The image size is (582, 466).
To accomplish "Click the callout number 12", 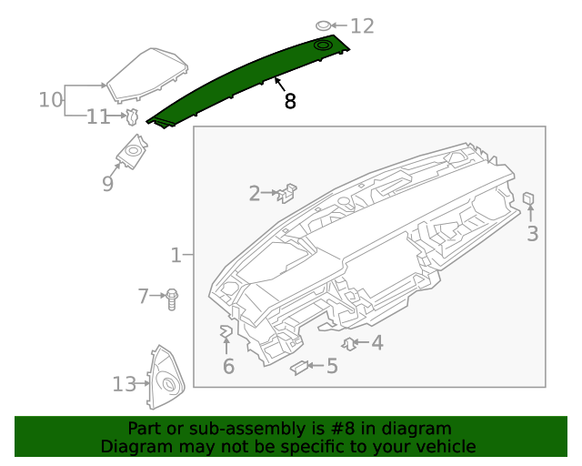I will [362, 25].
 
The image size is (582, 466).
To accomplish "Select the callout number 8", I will [290, 101].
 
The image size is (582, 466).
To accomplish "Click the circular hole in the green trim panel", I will [323, 45].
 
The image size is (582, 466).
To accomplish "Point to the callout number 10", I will [51, 98].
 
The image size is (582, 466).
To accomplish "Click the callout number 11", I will [98, 116].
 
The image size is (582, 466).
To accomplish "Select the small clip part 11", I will [132, 116].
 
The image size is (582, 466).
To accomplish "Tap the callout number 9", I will [107, 184].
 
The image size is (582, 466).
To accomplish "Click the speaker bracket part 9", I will [134, 150].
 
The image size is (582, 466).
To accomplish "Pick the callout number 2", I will [255, 193].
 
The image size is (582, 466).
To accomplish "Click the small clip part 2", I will [289, 191].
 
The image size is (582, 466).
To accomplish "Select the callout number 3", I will [532, 234].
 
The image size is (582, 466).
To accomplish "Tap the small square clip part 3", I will [528, 198].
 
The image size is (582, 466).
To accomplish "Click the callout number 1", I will [176, 256].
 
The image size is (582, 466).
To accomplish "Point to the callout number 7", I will [143, 296].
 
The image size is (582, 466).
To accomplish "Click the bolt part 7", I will [173, 298].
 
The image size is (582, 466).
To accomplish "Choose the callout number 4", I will [376, 343].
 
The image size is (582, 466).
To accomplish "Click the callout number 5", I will [332, 366].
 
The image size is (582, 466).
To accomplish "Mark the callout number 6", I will [228, 366].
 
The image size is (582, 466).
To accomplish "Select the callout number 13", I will [124, 384].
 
